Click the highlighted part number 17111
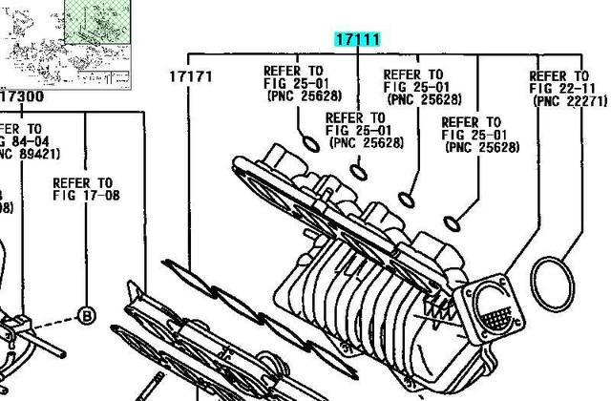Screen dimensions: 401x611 pos(357,40)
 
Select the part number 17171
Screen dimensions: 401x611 pos(191,75)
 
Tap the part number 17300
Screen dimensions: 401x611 pos(21,96)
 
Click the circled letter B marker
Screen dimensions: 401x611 pos(86,314)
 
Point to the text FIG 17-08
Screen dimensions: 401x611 pos(86,196)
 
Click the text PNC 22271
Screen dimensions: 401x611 pos(571,100)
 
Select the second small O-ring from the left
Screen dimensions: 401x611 pos(359,172)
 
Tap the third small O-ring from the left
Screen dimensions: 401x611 pos(406,199)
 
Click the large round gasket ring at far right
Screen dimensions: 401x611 pos(551,287)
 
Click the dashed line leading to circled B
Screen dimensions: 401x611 pos(86,258)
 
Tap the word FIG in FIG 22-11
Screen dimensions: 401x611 pos(542,88)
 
